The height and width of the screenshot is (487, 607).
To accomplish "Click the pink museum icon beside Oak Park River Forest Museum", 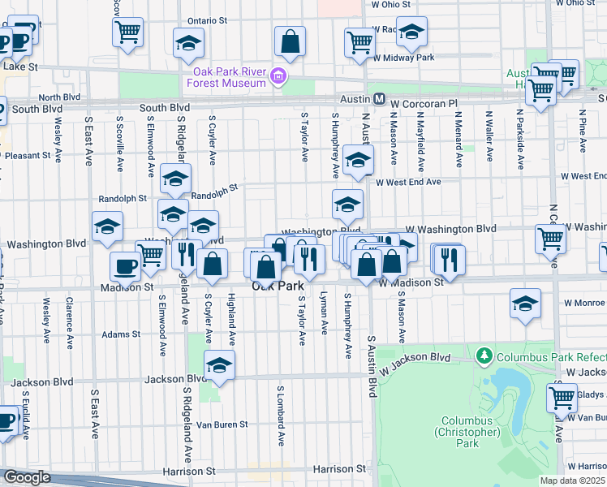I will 278,76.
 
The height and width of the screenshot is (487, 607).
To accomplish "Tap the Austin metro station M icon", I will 379,98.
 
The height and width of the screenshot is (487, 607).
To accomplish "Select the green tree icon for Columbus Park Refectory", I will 484,356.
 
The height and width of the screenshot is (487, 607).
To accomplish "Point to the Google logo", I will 26,477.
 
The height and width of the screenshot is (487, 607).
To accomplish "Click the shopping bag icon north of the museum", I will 289,39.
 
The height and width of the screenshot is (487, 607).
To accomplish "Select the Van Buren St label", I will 222,425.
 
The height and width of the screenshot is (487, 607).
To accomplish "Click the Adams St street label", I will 122,334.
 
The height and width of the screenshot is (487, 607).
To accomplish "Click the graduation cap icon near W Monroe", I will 525,304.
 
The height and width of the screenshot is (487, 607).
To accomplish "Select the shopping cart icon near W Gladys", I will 562,398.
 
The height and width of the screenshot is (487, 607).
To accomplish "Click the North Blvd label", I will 59,97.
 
